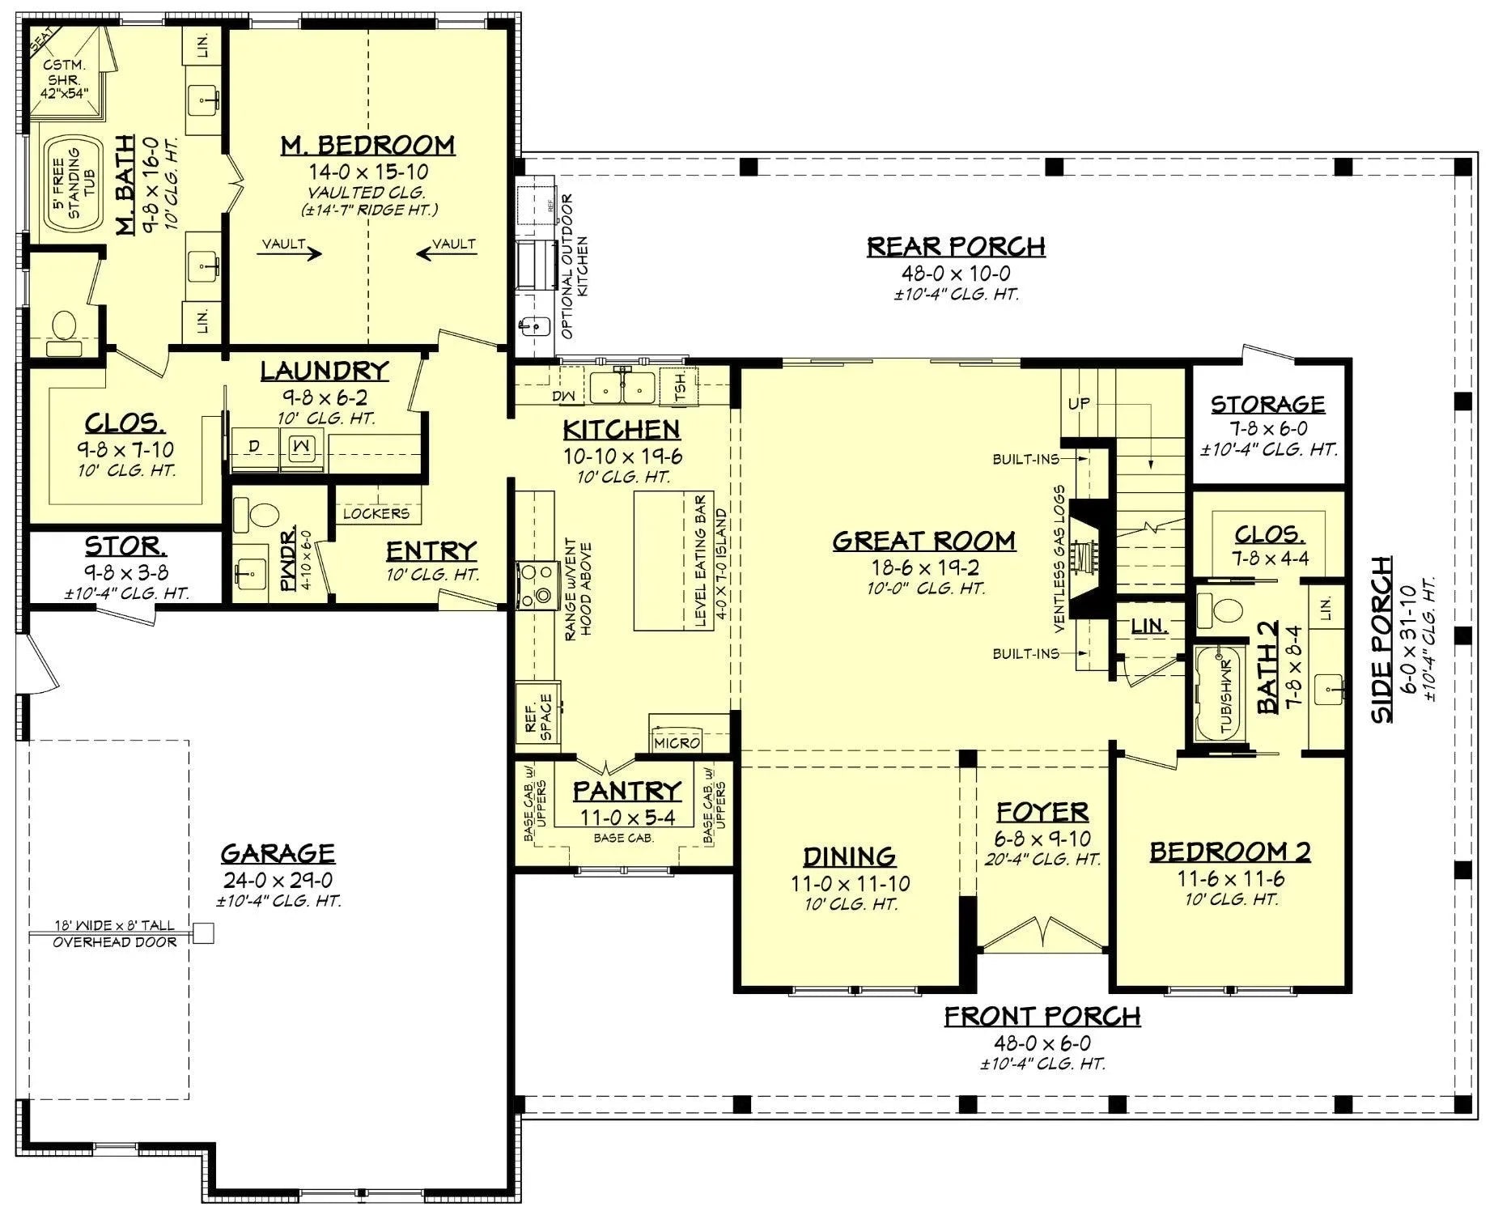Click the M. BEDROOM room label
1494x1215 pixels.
pos(367,146)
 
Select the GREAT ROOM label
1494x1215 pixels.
pos(923,541)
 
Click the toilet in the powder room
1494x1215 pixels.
pos(263,513)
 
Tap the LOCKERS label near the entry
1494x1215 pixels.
pos(376,513)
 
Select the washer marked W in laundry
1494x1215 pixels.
pos(302,446)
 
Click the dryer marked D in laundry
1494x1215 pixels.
pos(254,446)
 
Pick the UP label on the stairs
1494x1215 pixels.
pos(1078,403)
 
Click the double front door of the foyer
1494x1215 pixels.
pos(1042,932)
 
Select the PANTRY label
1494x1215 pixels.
pos(626,791)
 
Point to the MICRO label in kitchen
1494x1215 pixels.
pos(677,742)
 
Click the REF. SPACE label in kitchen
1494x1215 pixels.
pos(538,717)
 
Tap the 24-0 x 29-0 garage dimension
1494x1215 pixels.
pos(278,881)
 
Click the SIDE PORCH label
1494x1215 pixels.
pos(1382,639)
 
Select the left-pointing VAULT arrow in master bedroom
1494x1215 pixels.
pos(445,253)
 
